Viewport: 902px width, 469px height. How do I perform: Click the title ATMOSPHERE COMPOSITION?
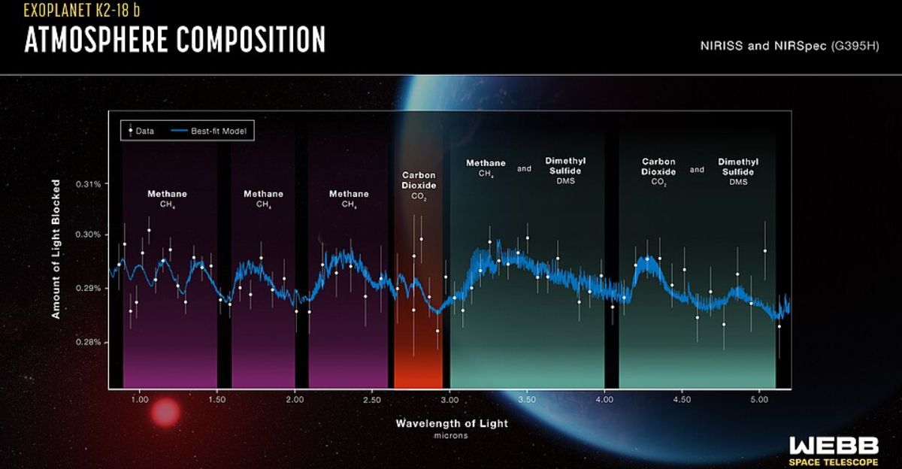coord(174,40)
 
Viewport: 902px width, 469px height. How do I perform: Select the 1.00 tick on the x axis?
coord(139,399)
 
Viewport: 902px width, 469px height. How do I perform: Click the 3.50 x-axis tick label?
coord(527,399)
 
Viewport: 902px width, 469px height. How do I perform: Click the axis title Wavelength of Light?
coord(452,423)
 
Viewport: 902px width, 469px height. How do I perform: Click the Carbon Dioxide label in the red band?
coord(419,180)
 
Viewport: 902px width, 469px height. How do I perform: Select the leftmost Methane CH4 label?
coord(167,197)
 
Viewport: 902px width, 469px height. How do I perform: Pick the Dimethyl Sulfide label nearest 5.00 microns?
coord(738,171)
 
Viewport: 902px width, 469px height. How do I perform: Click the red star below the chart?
coord(165,413)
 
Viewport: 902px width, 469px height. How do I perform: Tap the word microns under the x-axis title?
coord(452,436)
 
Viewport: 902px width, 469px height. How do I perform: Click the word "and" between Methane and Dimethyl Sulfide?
coord(524,169)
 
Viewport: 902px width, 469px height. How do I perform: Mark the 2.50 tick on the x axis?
coord(372,399)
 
